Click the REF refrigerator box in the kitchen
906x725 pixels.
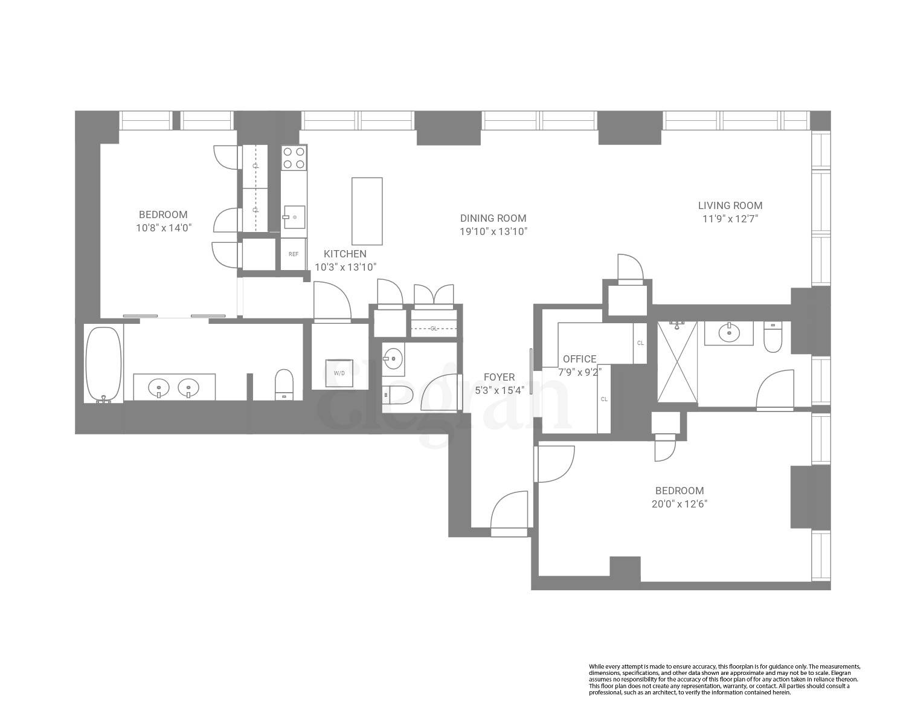pos(294,254)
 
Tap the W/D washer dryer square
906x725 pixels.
pos(339,373)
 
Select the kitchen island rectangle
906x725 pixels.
pos(367,211)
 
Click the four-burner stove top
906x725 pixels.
pos(294,158)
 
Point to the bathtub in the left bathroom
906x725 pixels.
pos(103,364)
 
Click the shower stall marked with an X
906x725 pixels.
pos(677,361)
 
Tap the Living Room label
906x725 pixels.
pos(730,205)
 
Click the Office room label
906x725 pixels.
pos(579,359)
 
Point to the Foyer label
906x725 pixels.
pos(499,378)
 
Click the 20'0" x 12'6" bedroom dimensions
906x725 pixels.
pos(679,504)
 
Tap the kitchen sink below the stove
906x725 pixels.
pos(294,216)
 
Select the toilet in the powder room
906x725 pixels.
pos(399,396)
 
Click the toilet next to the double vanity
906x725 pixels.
pos(284,384)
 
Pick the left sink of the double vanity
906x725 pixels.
pos(159,386)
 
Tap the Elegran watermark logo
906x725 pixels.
pos(447,402)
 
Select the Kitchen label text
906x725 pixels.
pos(345,254)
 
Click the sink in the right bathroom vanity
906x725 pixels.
pos(729,332)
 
